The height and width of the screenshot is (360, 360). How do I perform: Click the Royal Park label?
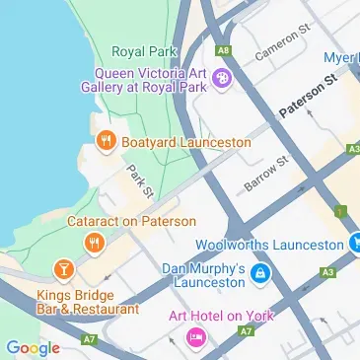pyautogui.click(x=143, y=51)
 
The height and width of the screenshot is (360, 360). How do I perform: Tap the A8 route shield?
pyautogui.click(x=225, y=48)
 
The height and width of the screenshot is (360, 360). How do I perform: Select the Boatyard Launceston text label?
pyautogui.click(x=185, y=143)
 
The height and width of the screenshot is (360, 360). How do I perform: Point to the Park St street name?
pyautogui.click(x=138, y=183)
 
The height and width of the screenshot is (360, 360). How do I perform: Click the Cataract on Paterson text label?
pyautogui.click(x=131, y=222)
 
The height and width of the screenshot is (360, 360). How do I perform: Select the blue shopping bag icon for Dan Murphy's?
pyautogui.click(x=260, y=272)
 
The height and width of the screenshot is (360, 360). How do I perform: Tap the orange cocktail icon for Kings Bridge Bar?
pyautogui.click(x=63, y=268)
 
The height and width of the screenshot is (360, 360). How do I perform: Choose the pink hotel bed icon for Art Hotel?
pyautogui.click(x=194, y=339)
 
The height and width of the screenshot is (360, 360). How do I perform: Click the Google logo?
pyautogui.click(x=33, y=347)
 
